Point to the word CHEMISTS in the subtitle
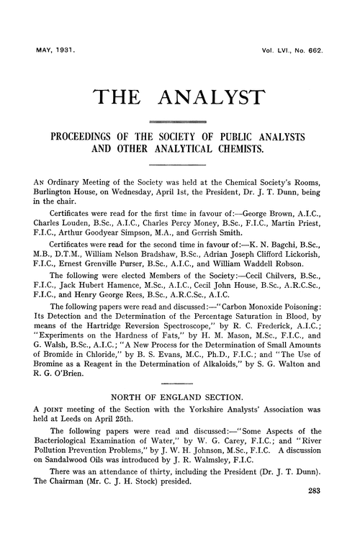[x=238, y=151]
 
